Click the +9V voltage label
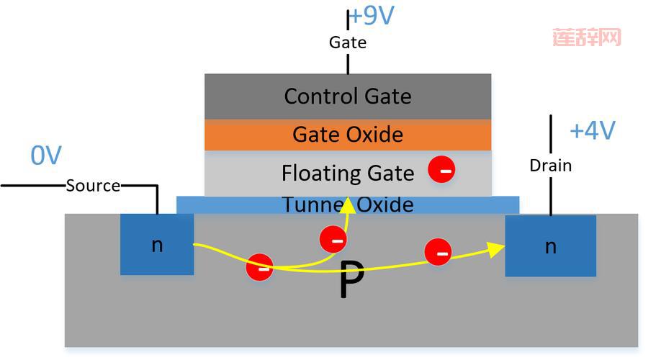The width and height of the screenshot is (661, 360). pos(372,16)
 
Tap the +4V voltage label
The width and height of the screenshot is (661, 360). pos(592,130)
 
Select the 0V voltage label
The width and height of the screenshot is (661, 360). pos(46,155)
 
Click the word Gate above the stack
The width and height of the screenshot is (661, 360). pos(348,42)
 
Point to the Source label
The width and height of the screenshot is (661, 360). pos(93,186)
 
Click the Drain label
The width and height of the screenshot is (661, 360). pos(550,166)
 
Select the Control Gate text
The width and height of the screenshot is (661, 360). pos(348,96)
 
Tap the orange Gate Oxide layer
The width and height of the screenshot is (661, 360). pos(348,135)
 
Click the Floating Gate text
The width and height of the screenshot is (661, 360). pos(348,173)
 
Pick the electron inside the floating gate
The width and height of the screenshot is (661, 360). pos(441,170)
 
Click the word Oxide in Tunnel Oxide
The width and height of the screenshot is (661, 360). pos(386,204)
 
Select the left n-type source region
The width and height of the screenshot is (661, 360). pos(157,245)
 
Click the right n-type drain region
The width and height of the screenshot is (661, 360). pos(550,246)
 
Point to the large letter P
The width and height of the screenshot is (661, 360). pos(351,282)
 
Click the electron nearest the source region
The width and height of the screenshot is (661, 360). pos(259,267)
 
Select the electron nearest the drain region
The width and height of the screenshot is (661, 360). pos(438,252)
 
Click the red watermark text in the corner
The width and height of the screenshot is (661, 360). pos(587,37)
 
